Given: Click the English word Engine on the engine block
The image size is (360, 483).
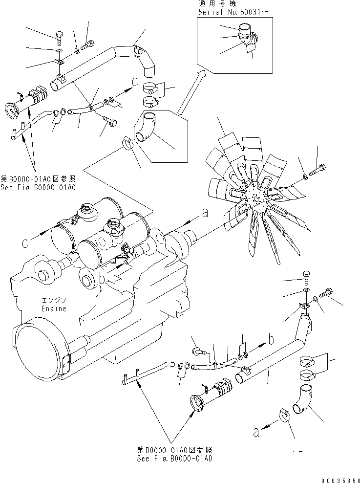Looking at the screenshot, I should point(54,309).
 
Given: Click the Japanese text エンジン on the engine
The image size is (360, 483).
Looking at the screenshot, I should point(54,300).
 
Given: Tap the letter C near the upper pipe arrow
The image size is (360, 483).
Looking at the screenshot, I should point(134,82).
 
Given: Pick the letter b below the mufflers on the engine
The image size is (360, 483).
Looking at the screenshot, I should point(101,279).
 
